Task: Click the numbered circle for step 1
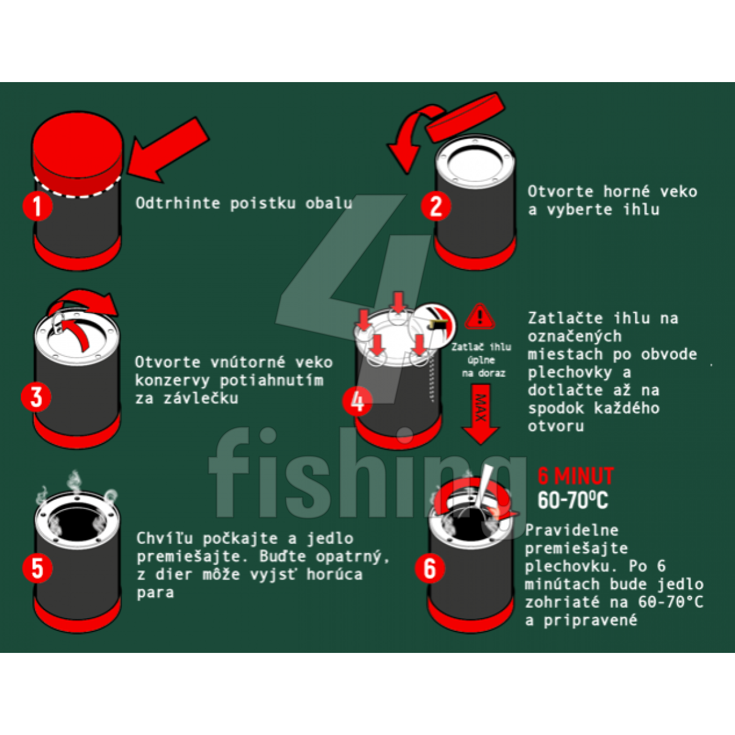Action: (37, 206)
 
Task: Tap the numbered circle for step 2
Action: (436, 206)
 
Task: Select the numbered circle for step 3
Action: (36, 397)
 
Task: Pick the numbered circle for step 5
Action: (37, 568)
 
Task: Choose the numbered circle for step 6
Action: (430, 568)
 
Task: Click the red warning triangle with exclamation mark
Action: (480, 317)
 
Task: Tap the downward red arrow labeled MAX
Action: (481, 415)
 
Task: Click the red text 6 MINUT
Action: (576, 476)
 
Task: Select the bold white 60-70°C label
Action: (573, 500)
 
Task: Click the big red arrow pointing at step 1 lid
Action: (168, 150)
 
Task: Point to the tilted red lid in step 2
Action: (466, 117)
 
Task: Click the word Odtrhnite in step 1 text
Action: (178, 203)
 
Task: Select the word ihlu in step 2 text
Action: (641, 209)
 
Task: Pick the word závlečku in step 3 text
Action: (201, 399)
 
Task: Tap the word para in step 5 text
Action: (155, 593)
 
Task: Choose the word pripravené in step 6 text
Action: (590, 620)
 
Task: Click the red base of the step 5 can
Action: (77, 614)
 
